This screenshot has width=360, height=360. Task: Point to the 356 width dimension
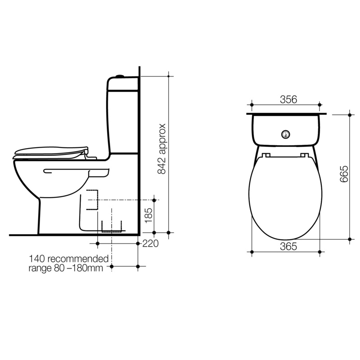[x=288, y=100]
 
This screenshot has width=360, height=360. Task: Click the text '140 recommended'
[x=69, y=259]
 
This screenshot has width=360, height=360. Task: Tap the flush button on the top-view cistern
[x=285, y=133]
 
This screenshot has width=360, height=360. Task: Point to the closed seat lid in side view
[x=49, y=151]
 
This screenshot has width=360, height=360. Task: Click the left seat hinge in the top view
[x=266, y=155]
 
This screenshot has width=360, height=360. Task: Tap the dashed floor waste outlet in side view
[x=112, y=227]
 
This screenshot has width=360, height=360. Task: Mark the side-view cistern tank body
[x=123, y=115]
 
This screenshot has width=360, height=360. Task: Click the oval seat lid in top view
[x=285, y=198]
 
